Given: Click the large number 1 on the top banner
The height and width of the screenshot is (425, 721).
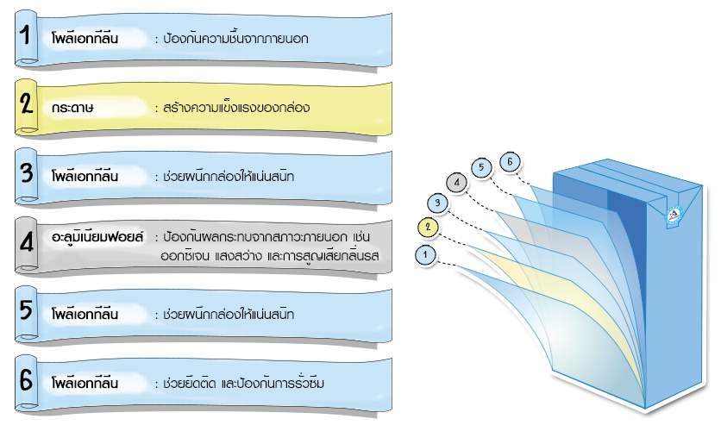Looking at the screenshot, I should [x=27, y=37].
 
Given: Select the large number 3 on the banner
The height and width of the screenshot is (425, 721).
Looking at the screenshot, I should [x=27, y=173].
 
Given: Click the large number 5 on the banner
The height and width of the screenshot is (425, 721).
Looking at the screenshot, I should [x=27, y=310].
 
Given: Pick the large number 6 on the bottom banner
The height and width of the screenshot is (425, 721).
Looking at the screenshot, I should [x=27, y=379].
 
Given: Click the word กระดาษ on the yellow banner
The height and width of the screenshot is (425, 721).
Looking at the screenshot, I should [x=72, y=109].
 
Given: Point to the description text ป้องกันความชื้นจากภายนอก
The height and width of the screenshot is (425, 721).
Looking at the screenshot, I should [x=230, y=40].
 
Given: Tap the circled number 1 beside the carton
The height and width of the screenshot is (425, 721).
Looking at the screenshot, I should [x=423, y=254].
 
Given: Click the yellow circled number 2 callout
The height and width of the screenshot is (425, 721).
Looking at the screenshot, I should [x=426, y=228].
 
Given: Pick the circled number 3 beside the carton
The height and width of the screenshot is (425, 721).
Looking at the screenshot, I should [x=438, y=203].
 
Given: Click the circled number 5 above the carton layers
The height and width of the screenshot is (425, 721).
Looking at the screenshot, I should [x=483, y=167].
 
